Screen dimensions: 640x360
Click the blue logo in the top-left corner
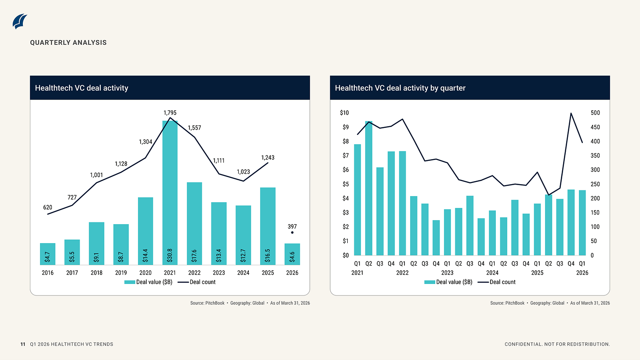pos(20,22)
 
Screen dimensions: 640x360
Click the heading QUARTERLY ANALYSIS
pos(68,43)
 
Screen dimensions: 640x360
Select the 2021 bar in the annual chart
pos(170,193)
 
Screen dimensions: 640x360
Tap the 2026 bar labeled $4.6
pos(292,254)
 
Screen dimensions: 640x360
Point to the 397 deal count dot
pos(292,233)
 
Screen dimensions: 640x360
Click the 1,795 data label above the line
pos(170,113)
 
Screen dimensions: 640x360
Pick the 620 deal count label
pos(48,207)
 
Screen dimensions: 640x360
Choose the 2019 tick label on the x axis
pos(121,273)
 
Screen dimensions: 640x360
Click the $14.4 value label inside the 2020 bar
pos(145,256)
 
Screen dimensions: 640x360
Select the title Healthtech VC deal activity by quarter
pos(400,88)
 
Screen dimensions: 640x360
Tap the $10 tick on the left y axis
pos(344,113)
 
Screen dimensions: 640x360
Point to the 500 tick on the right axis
pos(596,113)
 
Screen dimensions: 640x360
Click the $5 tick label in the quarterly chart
pos(345,184)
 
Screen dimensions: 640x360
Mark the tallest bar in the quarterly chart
pos(368,188)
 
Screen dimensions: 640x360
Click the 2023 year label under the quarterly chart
pos(447,273)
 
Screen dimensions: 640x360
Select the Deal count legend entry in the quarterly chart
pos(497,282)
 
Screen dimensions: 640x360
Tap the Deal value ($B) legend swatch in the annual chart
pos(130,282)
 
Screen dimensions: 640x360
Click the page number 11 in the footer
pos(23,344)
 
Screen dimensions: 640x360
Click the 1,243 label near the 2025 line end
pos(268,158)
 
